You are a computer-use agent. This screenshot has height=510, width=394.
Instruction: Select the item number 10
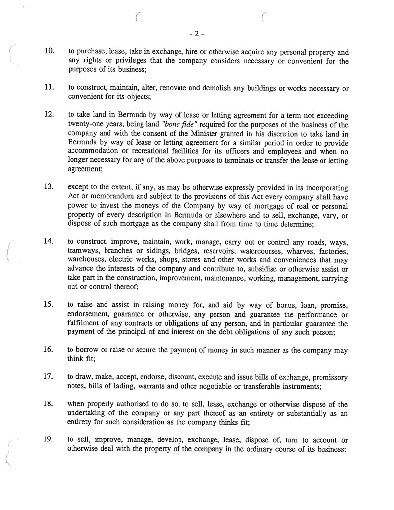(x=49, y=51)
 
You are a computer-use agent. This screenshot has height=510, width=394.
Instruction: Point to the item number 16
(x=49, y=351)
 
